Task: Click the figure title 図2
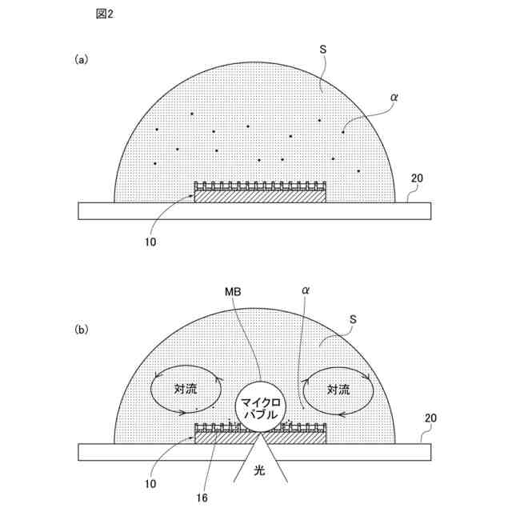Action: pyautogui.click(x=105, y=14)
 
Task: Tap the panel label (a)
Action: pyautogui.click(x=81, y=60)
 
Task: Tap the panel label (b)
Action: pyautogui.click(x=81, y=330)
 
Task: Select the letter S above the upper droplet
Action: pyautogui.click(x=322, y=50)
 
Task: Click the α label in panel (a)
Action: pyautogui.click(x=394, y=97)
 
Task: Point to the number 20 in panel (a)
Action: pyautogui.click(x=417, y=178)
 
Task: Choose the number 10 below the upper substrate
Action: pyautogui.click(x=150, y=242)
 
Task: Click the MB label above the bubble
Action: pyautogui.click(x=233, y=291)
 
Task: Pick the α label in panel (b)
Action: pyautogui.click(x=306, y=290)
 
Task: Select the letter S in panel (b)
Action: pyautogui.click(x=353, y=319)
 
